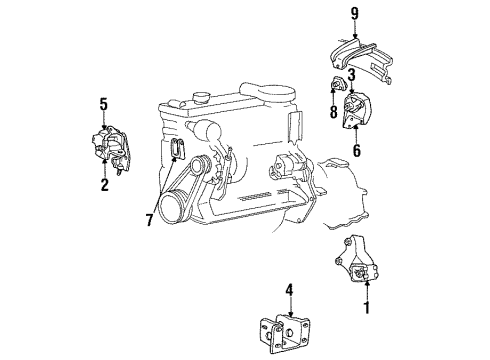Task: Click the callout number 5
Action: [103, 103]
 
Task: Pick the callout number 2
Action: [103, 185]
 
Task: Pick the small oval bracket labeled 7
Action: [177, 149]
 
